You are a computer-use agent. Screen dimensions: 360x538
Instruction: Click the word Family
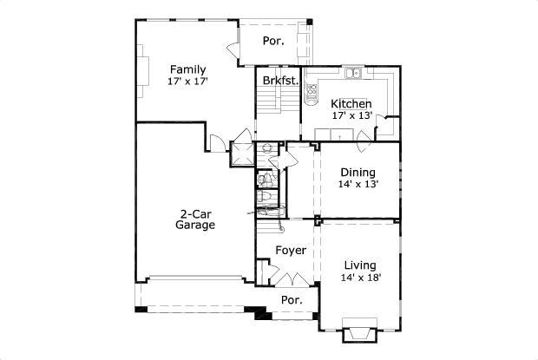pos(188,69)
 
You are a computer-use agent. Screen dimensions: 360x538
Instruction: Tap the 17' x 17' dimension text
pos(188,82)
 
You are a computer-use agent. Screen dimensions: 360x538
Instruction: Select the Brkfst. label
pos(280,81)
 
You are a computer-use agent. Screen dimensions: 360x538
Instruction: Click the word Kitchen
pos(351,103)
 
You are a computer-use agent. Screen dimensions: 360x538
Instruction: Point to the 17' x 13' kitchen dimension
pos(351,115)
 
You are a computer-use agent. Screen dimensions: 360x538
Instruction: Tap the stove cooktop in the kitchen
pos(310,87)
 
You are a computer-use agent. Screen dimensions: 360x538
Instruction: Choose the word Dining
pos(358,172)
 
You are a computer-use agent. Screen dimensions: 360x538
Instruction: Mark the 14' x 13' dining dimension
pos(358,184)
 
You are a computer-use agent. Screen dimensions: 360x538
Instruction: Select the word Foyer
pos(291,251)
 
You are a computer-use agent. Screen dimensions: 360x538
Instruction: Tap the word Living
pos(360,265)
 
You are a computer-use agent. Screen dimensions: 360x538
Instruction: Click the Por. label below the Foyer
pos(292,300)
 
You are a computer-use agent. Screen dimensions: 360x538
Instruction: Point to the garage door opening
pos(194,280)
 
